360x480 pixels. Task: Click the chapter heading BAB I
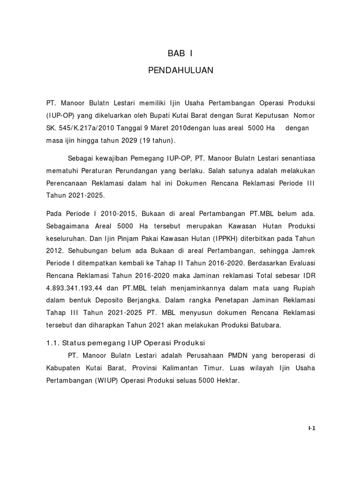180,53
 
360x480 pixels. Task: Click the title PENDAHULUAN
180,70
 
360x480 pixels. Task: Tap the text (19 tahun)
154,141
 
